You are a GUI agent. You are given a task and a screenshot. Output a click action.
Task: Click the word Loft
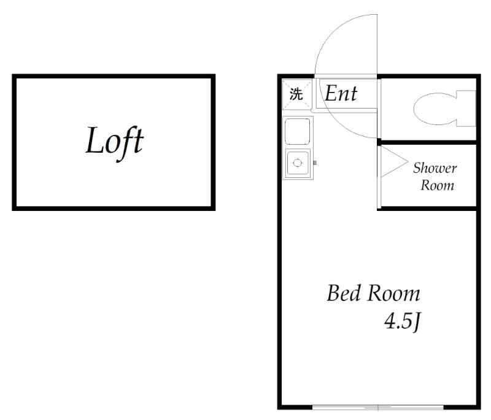pos(115,142)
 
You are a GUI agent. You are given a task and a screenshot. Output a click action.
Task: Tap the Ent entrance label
pos(341,93)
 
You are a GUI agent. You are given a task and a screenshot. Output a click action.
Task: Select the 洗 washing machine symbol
pos(296,94)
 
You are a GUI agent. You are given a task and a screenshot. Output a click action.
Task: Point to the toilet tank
pos(466,109)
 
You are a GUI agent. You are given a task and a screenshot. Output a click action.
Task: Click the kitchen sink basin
pos(298,132)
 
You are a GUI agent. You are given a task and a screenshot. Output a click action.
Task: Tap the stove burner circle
pos(297,163)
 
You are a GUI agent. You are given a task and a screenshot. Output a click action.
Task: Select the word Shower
pos(435,168)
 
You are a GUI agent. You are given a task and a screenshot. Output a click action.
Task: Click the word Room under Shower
pos(437,185)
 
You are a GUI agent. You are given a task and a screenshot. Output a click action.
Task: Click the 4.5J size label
pos(402,321)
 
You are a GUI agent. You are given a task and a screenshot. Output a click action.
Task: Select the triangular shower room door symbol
pos(394,162)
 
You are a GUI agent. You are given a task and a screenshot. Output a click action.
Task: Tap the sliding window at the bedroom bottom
pos(378,408)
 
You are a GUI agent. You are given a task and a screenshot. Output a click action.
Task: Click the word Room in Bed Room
pos(393,294)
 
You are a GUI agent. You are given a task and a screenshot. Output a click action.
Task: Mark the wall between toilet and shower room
pos(428,143)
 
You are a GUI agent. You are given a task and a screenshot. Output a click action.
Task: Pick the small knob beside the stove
pos(315,162)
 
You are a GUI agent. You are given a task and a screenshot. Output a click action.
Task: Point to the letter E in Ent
pos(331,93)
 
